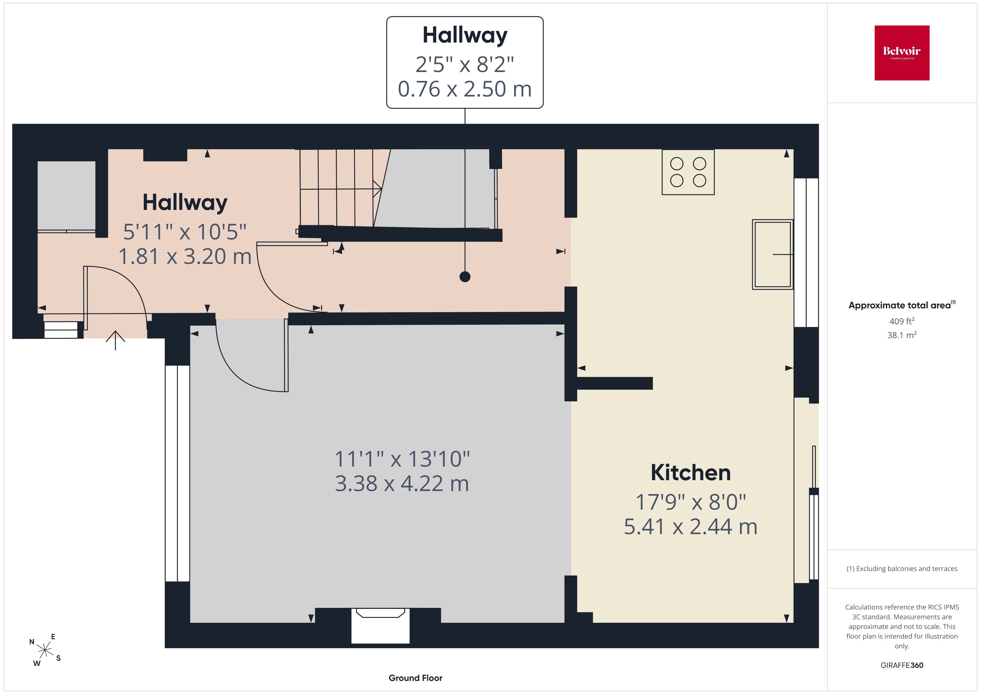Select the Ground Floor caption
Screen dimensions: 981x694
[415, 678]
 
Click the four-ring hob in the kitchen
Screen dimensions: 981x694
[688, 172]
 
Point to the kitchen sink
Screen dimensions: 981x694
[772, 254]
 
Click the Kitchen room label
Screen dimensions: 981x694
[690, 473]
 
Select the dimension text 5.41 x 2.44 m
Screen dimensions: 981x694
[690, 527]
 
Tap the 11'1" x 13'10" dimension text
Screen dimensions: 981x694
[402, 459]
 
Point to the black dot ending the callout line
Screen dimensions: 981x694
[465, 277]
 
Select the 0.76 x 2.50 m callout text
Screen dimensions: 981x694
[465, 89]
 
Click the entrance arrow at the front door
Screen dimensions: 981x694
[115, 340]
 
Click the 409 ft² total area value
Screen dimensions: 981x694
[902, 321]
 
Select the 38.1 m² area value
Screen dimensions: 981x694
[902, 335]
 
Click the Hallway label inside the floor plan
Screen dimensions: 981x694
[185, 203]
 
